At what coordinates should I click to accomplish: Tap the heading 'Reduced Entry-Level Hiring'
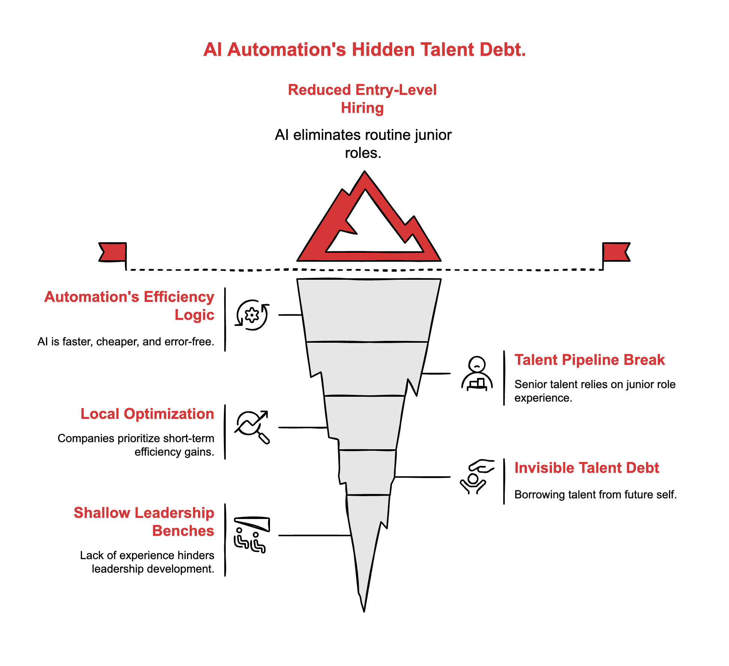pos(362,99)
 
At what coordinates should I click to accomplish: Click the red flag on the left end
pos(112,252)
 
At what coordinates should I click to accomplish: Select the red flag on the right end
pos(616,252)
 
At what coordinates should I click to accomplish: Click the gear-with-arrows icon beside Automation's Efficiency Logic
pos(252,315)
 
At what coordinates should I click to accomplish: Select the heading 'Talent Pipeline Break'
pos(589,360)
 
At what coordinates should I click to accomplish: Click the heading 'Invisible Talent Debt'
pos(586,468)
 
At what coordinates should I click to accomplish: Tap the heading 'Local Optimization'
pos(147,414)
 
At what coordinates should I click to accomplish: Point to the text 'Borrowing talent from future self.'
pos(595,495)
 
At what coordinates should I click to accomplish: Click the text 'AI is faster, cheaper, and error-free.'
pos(126,342)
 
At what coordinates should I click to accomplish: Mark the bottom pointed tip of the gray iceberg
pos(364,609)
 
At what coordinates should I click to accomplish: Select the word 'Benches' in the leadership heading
pos(183,531)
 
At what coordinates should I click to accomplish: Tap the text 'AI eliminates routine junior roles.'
pos(363,144)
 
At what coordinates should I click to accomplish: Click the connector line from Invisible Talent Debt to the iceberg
pos(423,477)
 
